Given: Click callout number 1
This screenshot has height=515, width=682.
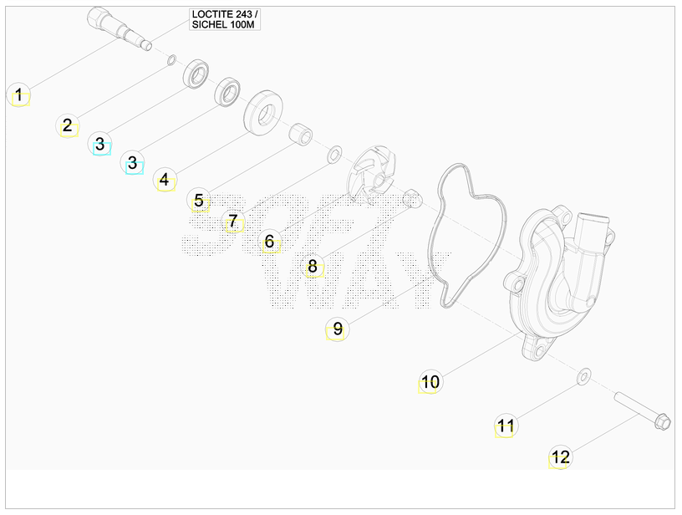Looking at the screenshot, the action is [x=18, y=94].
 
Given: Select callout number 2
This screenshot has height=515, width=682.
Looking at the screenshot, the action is [x=68, y=125].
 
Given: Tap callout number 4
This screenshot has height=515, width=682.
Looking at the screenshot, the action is [x=165, y=179].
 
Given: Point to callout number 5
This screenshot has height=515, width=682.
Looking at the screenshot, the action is [x=199, y=200].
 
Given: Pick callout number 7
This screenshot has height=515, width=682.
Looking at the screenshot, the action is [x=233, y=221].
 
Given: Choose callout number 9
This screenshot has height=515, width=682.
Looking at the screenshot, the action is [x=338, y=329].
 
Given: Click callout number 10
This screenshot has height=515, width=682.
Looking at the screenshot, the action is [x=430, y=382].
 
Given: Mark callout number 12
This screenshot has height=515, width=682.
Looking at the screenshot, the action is [x=560, y=457].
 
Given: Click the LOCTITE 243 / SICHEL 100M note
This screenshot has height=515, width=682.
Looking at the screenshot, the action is [x=225, y=19].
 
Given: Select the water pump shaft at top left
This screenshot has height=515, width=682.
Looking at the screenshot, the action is [x=120, y=28].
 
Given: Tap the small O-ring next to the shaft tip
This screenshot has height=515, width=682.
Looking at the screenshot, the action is [x=172, y=60].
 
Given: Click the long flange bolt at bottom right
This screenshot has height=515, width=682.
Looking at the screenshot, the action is [x=642, y=410].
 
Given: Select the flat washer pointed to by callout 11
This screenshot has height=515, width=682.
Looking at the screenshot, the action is [x=583, y=376].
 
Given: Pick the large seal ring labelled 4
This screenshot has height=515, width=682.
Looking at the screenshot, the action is [x=263, y=113].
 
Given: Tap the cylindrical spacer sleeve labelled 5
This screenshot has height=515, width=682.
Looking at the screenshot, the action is [x=301, y=134].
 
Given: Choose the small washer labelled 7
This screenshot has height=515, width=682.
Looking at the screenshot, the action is [x=334, y=155].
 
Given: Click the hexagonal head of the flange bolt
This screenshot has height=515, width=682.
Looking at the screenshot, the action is [x=663, y=421].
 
